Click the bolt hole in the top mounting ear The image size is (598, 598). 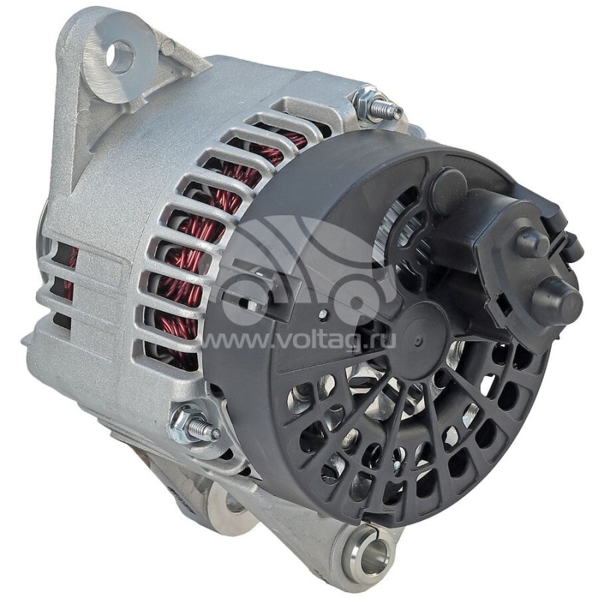121,58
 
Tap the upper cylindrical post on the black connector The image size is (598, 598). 532,238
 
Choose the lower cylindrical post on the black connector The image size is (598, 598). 557,294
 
